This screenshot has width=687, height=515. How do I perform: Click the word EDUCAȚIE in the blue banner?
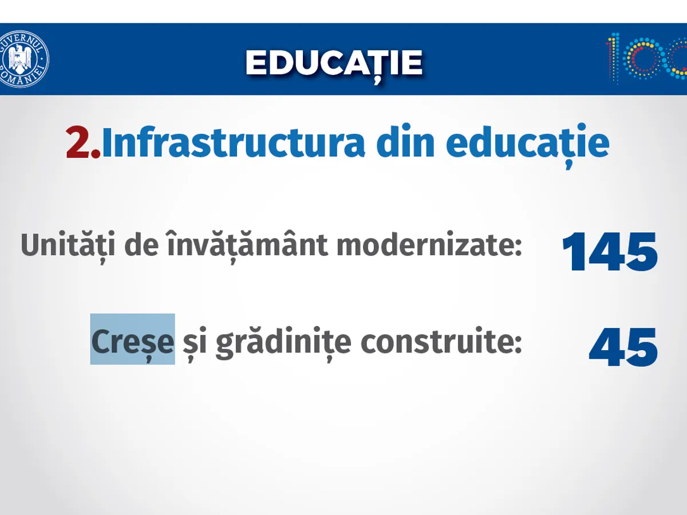tap(334, 64)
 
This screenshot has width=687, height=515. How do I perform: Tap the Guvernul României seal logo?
tap(24, 59)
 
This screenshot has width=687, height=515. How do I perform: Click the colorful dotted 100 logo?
tap(646, 59)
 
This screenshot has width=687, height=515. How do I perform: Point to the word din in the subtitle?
tap(405, 141)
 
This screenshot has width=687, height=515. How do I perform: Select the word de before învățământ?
tap(141, 244)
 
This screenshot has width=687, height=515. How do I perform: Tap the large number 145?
tap(610, 251)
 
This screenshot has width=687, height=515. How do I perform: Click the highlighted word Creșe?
tap(132, 342)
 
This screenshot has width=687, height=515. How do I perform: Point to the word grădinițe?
tap(283, 343)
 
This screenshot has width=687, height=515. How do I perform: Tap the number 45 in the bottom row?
tap(623, 347)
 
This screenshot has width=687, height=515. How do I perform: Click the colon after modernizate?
tap(518, 248)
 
